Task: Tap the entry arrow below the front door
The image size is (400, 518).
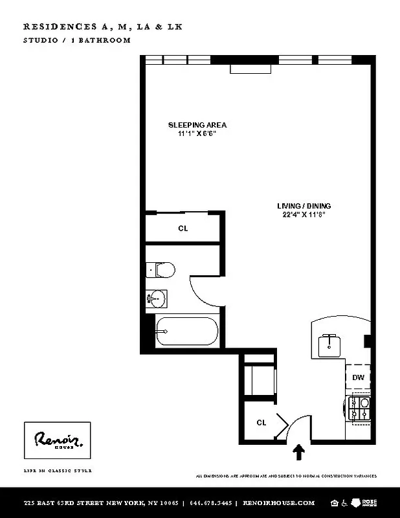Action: (x=300, y=451)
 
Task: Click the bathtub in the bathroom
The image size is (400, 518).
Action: (x=186, y=332)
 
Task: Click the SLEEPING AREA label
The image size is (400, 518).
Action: (x=197, y=125)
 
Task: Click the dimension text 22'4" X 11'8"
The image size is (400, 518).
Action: (x=303, y=214)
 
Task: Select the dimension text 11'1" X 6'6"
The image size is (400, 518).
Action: (x=197, y=133)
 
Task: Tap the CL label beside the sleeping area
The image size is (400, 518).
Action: (x=183, y=228)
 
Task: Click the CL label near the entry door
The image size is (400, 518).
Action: (x=261, y=423)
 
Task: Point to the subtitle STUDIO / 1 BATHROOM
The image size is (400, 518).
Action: (x=77, y=40)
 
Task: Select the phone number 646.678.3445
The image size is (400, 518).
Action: (x=210, y=503)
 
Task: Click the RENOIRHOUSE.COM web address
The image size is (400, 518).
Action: (x=278, y=503)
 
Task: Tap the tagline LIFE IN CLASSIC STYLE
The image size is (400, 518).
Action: (x=58, y=471)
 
